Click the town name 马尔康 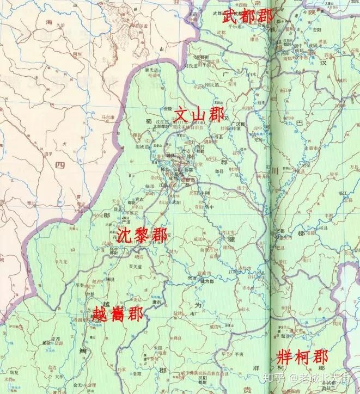coord(108,118)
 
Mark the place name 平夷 coord(240,353)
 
